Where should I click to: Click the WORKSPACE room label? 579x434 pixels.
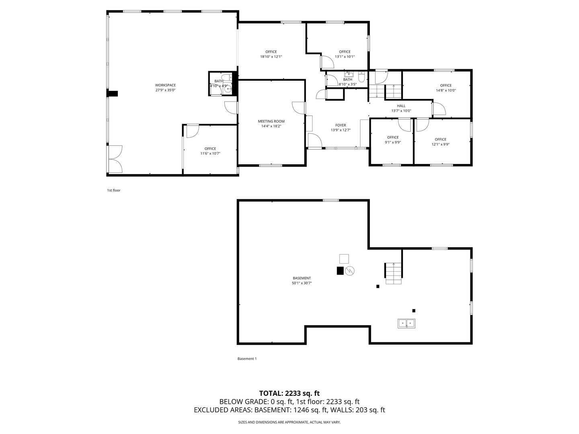165,85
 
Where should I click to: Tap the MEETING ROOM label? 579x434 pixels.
271,121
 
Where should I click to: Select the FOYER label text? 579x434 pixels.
341,125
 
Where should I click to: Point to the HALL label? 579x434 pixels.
401,106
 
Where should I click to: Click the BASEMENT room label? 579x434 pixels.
302,278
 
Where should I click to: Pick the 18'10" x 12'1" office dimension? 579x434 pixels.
271,57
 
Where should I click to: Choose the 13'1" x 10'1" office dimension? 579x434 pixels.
345,57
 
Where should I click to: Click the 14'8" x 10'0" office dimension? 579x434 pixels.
446,90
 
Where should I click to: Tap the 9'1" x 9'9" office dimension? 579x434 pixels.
392,142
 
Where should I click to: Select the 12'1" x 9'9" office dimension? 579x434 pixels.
440,144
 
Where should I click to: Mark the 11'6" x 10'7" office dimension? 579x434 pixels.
210,154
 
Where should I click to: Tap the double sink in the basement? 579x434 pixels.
406,323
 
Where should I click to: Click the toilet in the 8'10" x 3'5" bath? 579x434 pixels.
361,77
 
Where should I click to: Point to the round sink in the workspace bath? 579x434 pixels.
228,90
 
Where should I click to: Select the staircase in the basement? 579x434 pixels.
393,274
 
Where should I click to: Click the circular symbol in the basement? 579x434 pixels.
350,270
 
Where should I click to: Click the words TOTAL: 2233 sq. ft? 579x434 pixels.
289,393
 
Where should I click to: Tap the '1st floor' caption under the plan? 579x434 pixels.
113,190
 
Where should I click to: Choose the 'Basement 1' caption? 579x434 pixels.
247,358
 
